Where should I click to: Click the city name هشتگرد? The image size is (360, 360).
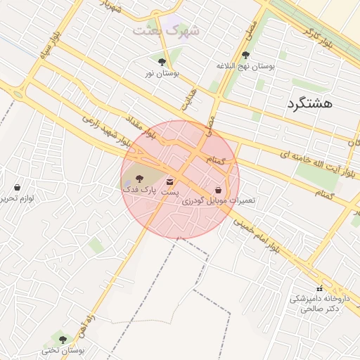(309, 103)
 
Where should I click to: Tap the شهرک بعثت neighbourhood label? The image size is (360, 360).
(167, 30)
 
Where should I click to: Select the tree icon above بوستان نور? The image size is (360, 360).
(162, 62)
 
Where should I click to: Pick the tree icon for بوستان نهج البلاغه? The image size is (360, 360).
(245, 55)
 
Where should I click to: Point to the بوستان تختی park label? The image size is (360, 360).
(63, 349)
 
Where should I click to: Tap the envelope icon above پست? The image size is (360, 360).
(169, 182)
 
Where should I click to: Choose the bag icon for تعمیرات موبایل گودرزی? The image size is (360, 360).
(219, 191)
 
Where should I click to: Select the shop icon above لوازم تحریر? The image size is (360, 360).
(17, 187)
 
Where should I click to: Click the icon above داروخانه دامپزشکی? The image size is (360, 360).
(320, 288)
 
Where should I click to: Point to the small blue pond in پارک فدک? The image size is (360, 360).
(127, 184)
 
